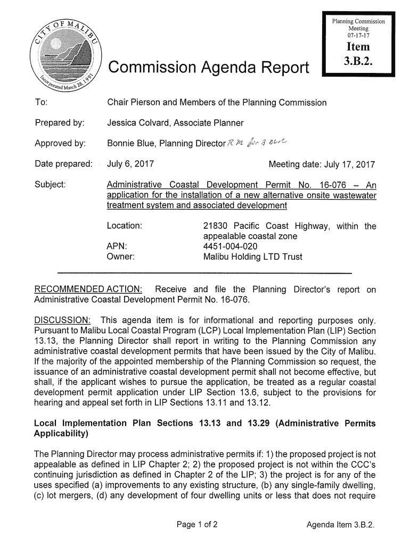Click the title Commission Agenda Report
click(208, 69)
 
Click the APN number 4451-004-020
click(231, 246)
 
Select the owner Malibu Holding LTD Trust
click(253, 257)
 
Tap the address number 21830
click(216, 226)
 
